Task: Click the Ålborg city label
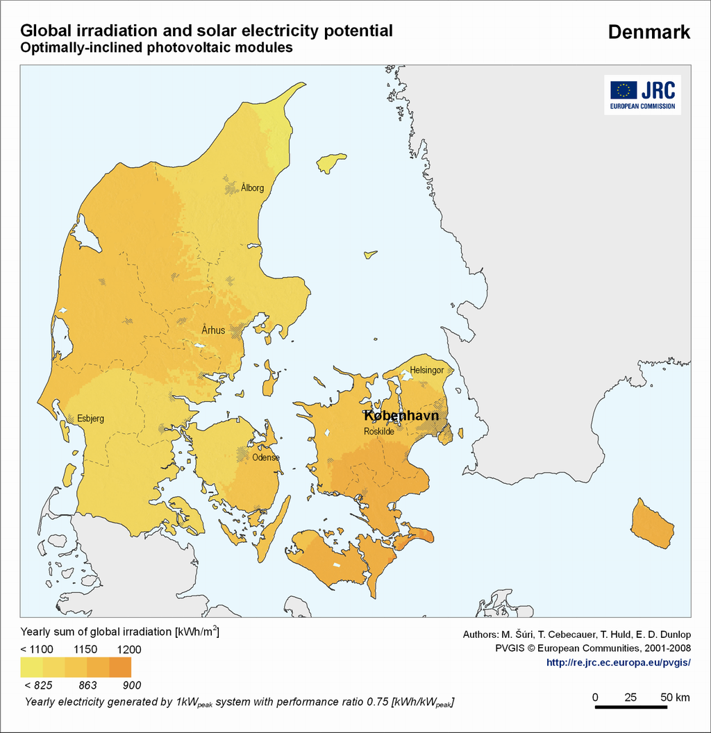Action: click(x=253, y=188)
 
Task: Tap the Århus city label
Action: click(x=213, y=330)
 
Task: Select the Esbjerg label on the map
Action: click(x=90, y=419)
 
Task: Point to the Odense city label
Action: click(x=265, y=457)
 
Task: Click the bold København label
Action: click(x=401, y=416)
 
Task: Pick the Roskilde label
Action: click(x=379, y=431)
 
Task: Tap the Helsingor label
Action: click(x=426, y=370)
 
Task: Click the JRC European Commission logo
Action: click(x=642, y=94)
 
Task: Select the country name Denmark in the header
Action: click(x=649, y=32)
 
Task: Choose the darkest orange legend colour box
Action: click(x=120, y=667)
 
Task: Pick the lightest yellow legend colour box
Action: click(x=32, y=667)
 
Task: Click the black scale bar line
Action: click(x=631, y=707)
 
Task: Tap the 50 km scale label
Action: click(x=674, y=697)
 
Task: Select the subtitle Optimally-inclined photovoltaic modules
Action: click(x=156, y=49)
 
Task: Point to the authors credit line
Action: click(x=576, y=634)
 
